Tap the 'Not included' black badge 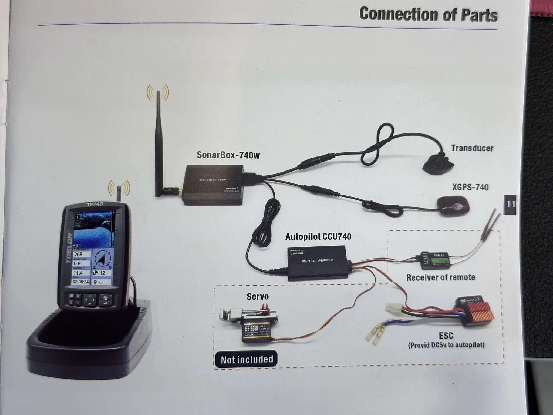click(x=247, y=359)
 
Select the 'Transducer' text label click(x=472, y=148)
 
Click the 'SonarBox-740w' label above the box click(x=228, y=155)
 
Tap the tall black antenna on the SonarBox click(x=158, y=140)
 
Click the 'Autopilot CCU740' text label click(x=318, y=237)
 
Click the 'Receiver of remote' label click(x=441, y=277)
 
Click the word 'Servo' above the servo click(x=258, y=296)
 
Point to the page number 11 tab click(x=510, y=204)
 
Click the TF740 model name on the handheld click(x=95, y=205)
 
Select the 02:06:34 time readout click(x=81, y=282)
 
